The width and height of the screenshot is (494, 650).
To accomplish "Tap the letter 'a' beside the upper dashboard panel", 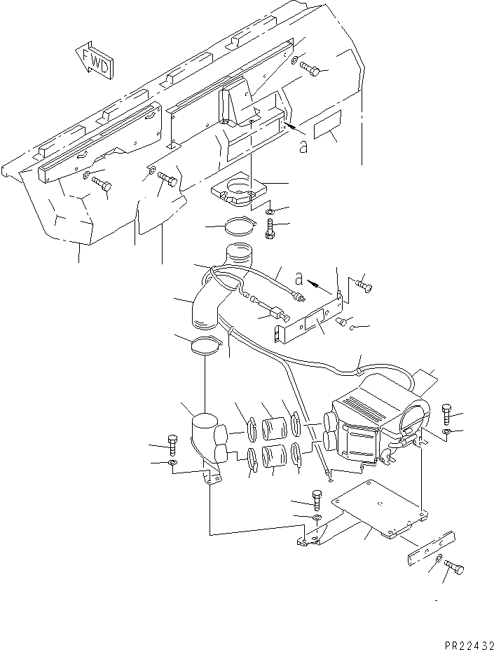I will pyautogui.click(x=303, y=147).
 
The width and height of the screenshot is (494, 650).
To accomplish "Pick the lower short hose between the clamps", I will pyautogui.click(x=273, y=458).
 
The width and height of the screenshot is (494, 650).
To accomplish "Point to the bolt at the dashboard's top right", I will pyautogui.click(x=310, y=69).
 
